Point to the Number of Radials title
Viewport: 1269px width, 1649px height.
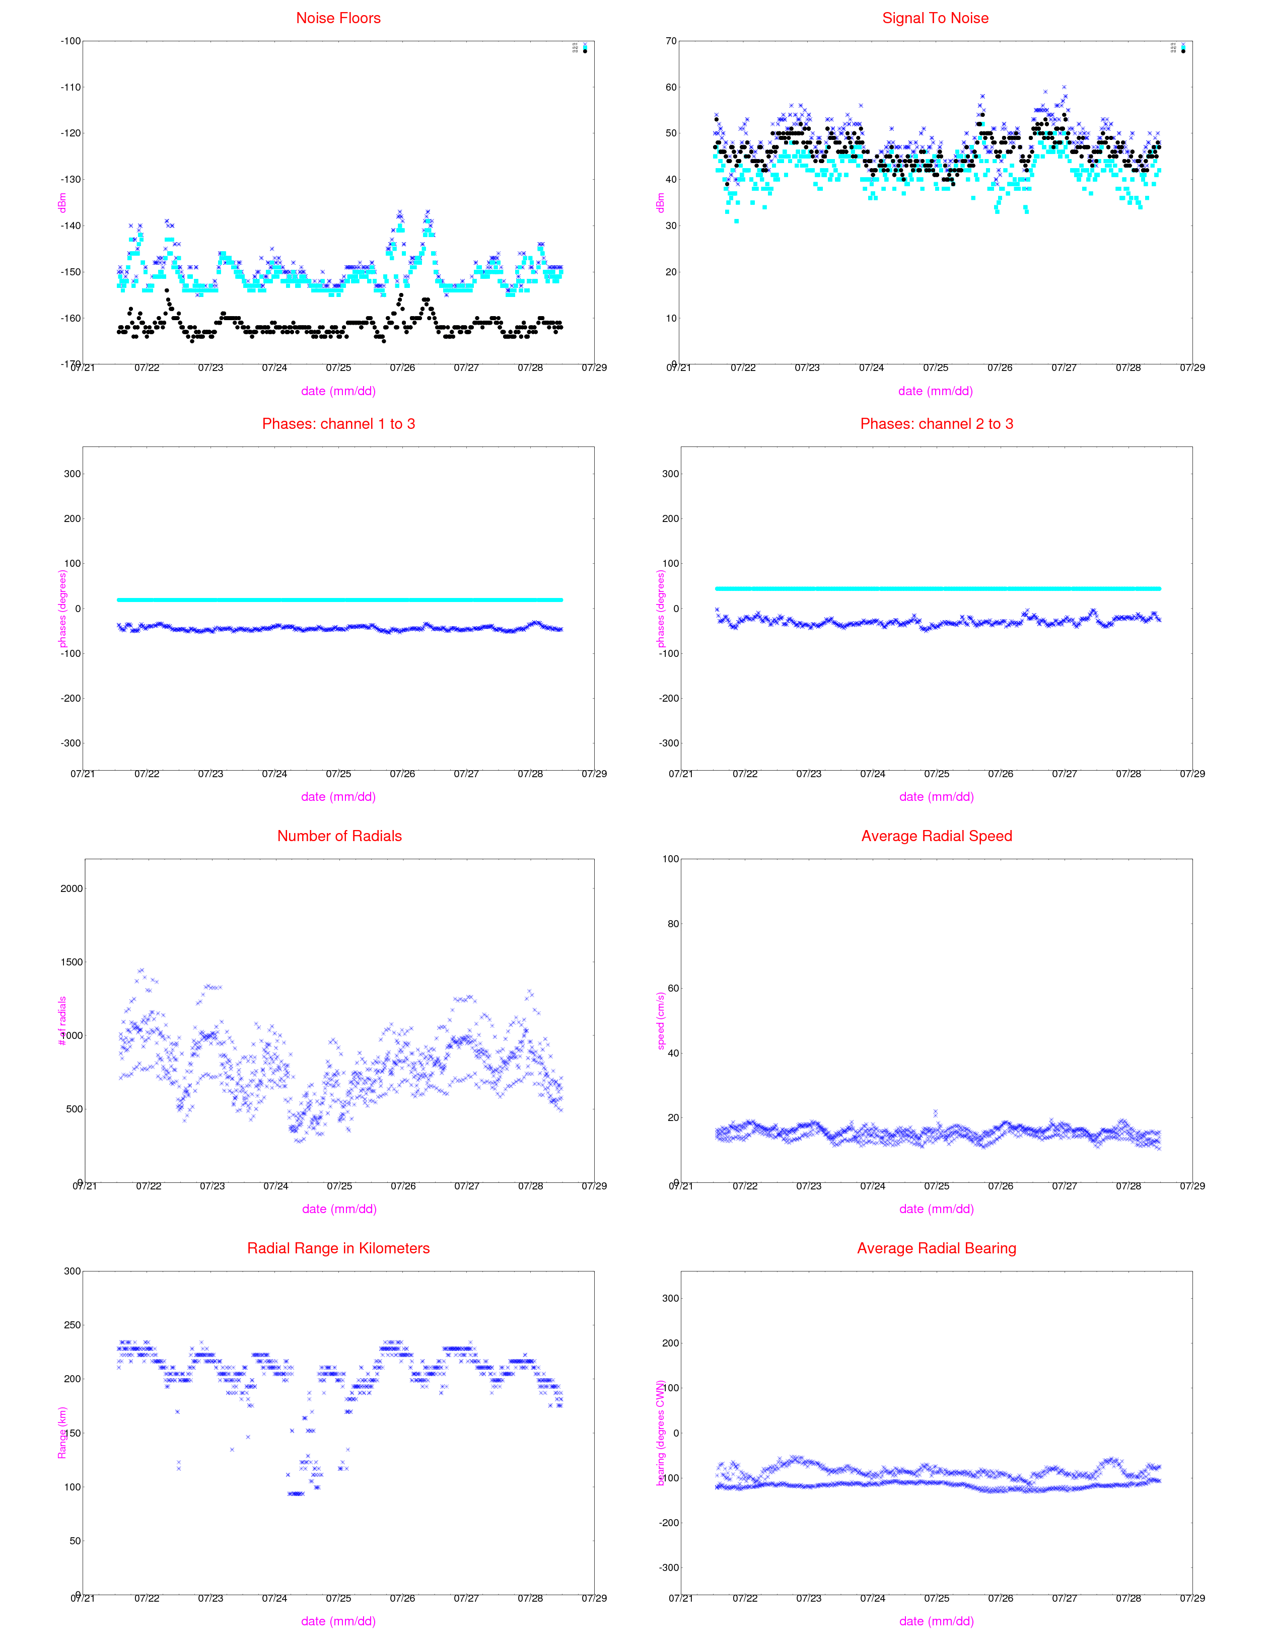pos(339,836)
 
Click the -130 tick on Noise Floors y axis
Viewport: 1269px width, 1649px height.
pos(70,180)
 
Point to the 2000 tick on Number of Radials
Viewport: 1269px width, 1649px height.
pos(72,889)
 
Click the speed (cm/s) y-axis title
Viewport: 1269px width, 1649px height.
pos(661,1021)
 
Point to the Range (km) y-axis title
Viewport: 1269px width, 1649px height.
pos(62,1433)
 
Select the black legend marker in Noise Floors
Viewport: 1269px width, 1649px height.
pos(585,51)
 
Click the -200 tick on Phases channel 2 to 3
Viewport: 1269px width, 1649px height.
pos(669,699)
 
